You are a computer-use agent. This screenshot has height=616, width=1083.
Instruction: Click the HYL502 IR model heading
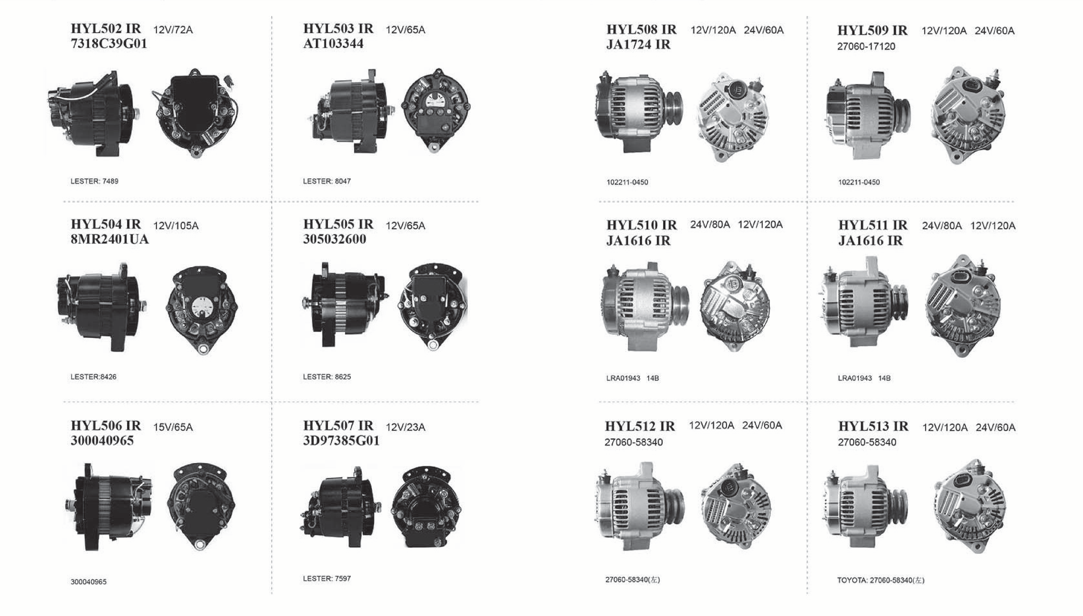click(x=106, y=29)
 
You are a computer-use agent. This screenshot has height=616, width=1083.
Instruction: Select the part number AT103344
click(x=333, y=44)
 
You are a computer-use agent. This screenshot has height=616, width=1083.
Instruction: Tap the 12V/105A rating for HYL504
click(x=176, y=225)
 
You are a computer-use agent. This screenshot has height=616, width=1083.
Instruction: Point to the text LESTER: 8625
click(x=327, y=377)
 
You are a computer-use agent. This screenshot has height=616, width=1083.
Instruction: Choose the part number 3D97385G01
click(x=341, y=441)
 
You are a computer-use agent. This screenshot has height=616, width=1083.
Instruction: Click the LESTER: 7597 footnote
click(x=327, y=578)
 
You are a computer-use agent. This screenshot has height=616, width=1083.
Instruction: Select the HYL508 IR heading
click(x=641, y=30)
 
